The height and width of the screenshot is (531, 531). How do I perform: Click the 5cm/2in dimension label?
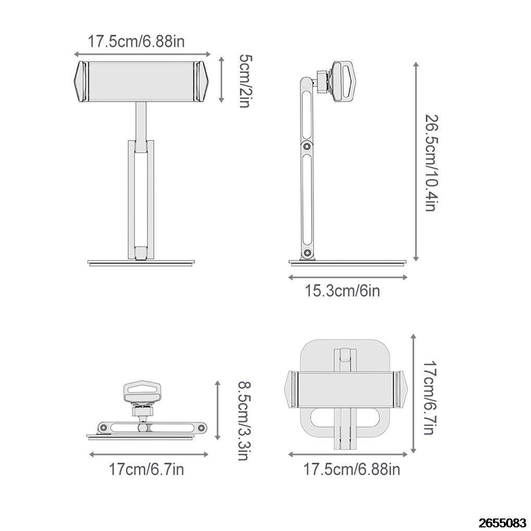coord(244,81)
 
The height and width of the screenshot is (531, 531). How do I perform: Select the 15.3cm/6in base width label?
coord(342,290)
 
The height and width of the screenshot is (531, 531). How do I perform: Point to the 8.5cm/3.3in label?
coord(243,421)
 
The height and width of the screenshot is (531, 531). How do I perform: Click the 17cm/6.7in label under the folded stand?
coord(146,469)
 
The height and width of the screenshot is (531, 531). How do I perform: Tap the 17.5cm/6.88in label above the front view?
coord(136,42)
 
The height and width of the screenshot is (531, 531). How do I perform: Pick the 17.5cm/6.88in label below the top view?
coord(352,469)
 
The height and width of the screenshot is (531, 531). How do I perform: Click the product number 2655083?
coord(502,522)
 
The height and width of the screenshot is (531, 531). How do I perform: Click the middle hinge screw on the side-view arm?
coord(307,147)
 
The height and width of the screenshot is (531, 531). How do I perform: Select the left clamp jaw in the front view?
coord(81,82)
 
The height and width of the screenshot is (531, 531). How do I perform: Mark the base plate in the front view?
coord(141,263)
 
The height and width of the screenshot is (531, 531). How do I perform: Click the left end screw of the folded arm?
coord(104,428)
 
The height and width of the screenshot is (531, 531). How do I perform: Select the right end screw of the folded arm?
coord(200,428)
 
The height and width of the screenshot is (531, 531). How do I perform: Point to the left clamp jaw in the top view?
coord(292,390)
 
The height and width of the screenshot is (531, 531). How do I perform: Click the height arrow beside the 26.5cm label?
coord(416,161)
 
